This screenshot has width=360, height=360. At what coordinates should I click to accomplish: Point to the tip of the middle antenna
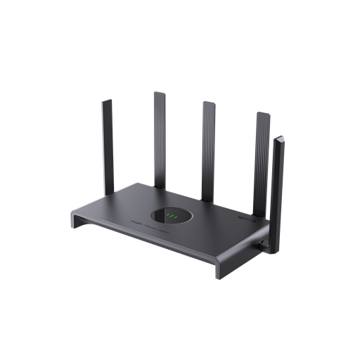point(209,103)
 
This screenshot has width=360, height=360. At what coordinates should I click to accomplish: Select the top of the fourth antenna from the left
point(264,113)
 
